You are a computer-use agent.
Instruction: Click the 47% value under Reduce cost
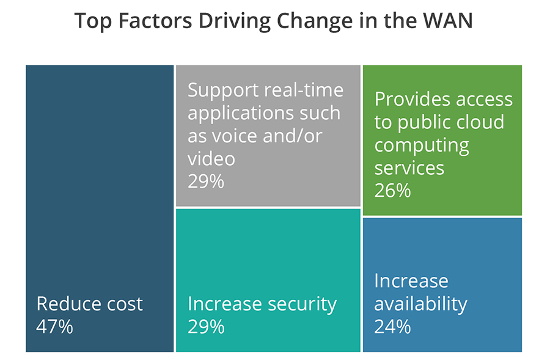click(55, 326)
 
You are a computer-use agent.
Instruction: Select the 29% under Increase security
click(207, 326)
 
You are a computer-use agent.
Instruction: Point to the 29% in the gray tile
click(207, 182)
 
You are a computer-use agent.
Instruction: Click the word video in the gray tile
click(211, 159)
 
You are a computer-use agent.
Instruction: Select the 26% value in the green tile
click(392, 191)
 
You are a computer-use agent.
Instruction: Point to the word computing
click(422, 145)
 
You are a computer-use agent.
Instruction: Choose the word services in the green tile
click(409, 167)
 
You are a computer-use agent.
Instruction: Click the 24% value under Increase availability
click(392, 326)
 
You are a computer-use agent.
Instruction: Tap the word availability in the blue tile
click(420, 303)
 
